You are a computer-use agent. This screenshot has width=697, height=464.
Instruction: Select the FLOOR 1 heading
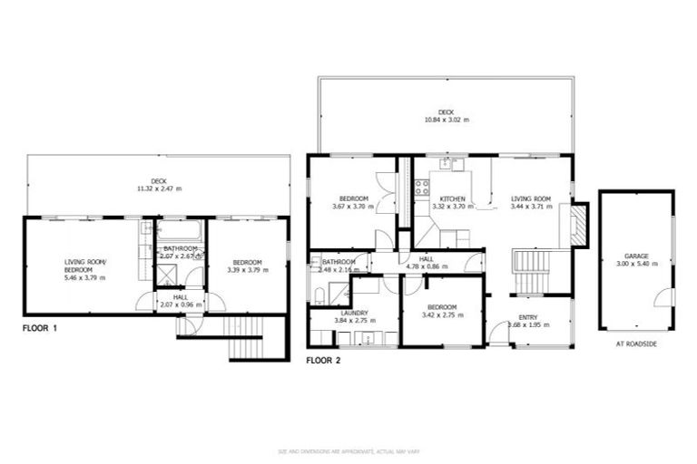(x=41, y=328)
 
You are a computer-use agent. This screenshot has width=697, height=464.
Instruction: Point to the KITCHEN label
(x=453, y=198)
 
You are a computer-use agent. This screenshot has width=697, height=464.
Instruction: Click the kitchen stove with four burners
(x=422, y=188)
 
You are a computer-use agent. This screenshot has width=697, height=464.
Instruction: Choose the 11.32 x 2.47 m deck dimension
(x=159, y=188)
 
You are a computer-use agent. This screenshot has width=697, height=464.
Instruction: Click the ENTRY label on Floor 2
(x=528, y=317)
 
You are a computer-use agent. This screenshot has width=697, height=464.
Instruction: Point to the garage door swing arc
(x=667, y=295)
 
